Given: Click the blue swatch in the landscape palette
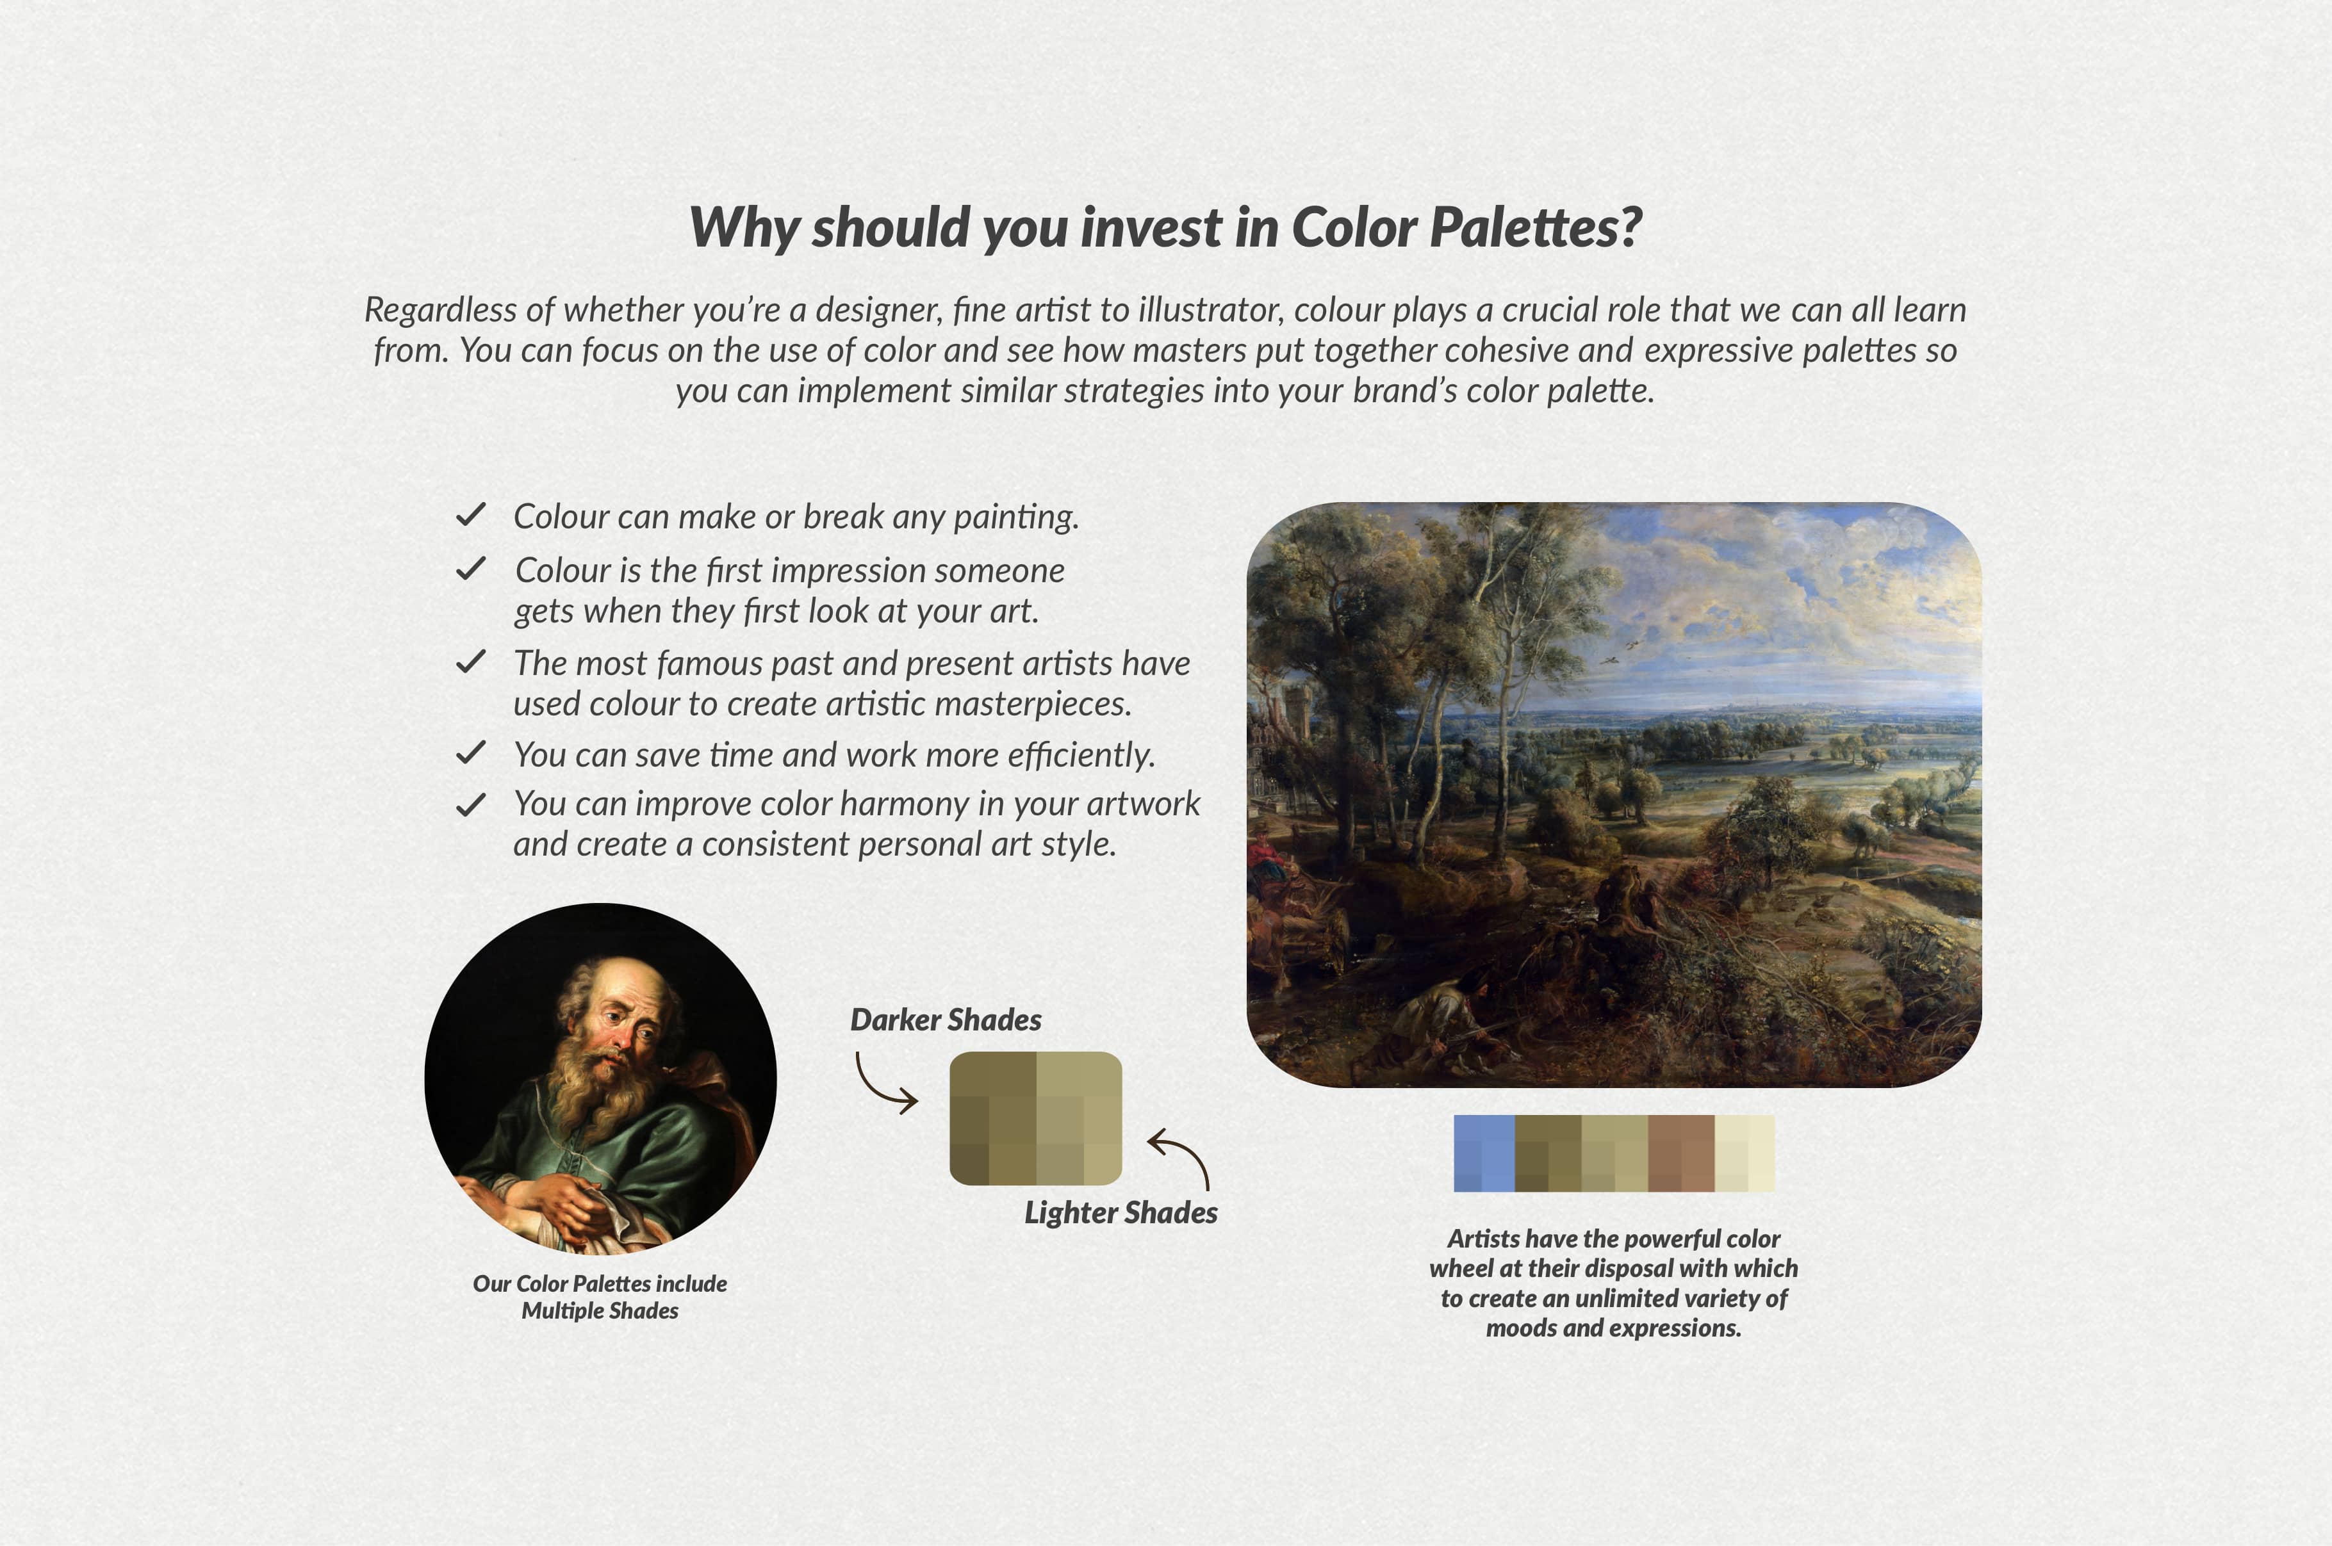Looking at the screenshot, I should tap(1484, 1153).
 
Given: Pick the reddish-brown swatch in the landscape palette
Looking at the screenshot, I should tap(1681, 1153).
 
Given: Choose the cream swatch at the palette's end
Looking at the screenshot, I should tap(1745, 1153).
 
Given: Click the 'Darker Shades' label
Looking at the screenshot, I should tap(946, 1020).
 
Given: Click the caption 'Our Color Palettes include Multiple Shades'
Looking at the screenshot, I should tap(600, 1296).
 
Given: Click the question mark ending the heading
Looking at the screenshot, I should tap(1630, 228).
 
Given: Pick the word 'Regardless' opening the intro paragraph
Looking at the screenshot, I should tap(441, 309).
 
